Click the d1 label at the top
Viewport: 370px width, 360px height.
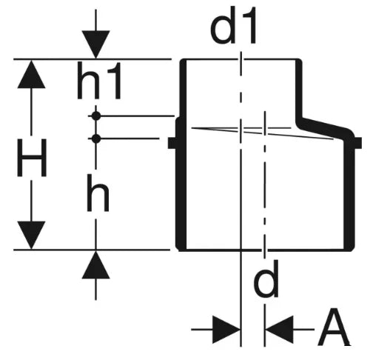233,27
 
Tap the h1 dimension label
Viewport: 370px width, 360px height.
99,81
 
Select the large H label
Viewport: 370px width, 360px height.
32,158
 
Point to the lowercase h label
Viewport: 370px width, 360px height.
98,193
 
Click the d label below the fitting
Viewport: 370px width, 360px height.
266,279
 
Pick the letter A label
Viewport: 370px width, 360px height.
334,327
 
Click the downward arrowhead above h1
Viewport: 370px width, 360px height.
95,44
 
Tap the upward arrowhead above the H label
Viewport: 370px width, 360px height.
31,74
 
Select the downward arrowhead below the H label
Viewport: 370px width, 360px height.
31,235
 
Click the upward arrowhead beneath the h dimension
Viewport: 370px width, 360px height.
95,264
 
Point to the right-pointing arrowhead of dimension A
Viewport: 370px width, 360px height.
226,330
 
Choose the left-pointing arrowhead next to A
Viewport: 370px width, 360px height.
279,330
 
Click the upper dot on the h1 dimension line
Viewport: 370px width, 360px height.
96,116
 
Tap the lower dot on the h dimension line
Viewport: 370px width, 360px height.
96,139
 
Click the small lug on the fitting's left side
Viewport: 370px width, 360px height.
172,143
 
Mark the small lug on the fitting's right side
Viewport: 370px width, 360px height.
358,143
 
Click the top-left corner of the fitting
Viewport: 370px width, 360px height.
182,60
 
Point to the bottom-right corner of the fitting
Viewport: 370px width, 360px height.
353,250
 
